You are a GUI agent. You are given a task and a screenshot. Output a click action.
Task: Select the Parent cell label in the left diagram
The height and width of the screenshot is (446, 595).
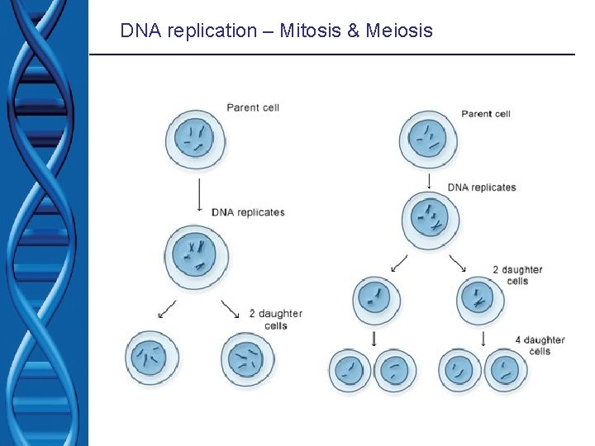(x=254, y=107)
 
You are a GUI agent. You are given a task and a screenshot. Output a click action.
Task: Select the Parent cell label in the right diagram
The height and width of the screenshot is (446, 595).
(x=487, y=113)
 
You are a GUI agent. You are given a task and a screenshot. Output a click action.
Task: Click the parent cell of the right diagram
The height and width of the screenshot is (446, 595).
(x=429, y=139)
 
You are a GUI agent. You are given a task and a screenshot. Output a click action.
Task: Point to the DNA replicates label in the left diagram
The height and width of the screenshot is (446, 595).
(x=248, y=212)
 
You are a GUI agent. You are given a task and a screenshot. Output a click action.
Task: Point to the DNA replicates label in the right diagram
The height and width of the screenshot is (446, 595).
(x=482, y=187)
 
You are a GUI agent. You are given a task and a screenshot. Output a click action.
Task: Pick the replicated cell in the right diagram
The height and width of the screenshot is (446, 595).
(x=431, y=220)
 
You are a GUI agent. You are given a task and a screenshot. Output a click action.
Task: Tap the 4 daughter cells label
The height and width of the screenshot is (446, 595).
(x=539, y=345)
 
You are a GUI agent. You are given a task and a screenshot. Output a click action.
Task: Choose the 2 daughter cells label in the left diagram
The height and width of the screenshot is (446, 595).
(x=275, y=320)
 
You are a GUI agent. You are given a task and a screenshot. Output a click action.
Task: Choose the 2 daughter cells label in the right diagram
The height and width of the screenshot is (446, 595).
(x=517, y=275)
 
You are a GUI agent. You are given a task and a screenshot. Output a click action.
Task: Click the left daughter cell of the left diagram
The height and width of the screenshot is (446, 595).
(x=152, y=358)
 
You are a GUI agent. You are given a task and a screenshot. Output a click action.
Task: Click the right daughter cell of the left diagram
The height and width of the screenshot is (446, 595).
(x=246, y=358)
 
